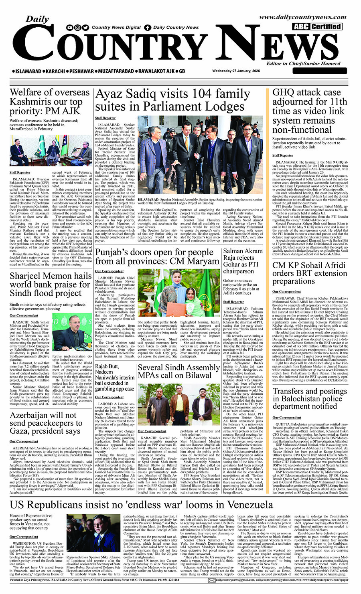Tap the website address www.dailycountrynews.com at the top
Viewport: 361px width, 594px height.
coord(302,17)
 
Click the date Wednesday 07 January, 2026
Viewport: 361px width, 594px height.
coord(236,71)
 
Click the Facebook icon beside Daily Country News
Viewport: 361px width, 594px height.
coord(148,28)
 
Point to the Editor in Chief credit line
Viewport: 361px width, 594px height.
coord(303,63)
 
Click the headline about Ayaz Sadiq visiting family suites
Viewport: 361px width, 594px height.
coord(172,100)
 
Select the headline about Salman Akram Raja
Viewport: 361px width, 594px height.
coord(243,261)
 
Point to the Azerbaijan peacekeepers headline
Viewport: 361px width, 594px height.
coord(46,423)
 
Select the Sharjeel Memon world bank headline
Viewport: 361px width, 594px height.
coord(51,284)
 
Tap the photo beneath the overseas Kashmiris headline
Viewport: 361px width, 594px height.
coord(51,151)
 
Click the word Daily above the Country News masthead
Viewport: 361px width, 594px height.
coord(37,19)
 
